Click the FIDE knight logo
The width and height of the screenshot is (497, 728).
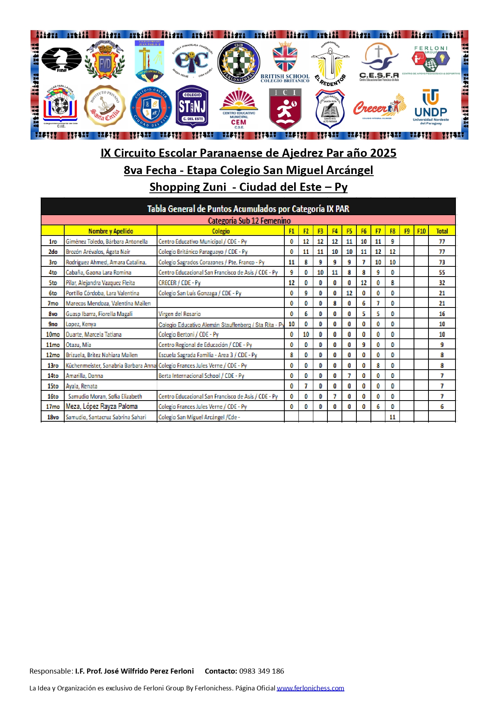(61, 59)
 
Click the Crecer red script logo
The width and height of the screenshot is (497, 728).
(379, 107)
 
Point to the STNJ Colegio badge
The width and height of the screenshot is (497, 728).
(192, 107)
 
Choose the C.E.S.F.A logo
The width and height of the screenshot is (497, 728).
(379, 62)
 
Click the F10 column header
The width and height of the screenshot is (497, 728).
(421, 231)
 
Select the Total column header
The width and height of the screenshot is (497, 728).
(442, 231)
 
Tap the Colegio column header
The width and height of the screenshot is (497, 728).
(220, 231)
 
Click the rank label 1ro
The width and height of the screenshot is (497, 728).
(53, 242)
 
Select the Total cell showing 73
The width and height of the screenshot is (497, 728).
(442, 262)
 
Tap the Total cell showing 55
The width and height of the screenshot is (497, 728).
(442, 273)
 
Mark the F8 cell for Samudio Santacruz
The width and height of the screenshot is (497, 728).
(392, 417)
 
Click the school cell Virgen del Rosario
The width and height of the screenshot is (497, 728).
(179, 314)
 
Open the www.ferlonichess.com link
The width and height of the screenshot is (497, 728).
(310, 688)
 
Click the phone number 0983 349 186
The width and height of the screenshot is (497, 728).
(262, 671)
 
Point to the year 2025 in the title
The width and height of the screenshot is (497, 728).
(379, 153)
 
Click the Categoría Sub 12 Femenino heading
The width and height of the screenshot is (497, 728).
(249, 221)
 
